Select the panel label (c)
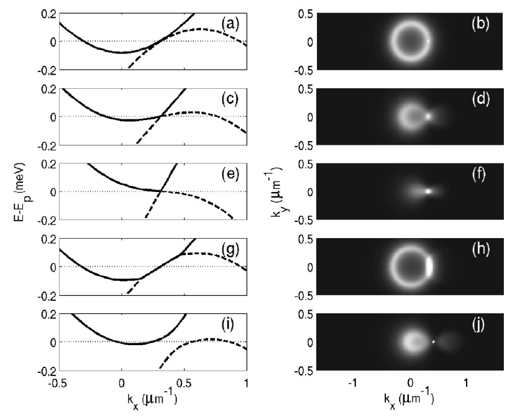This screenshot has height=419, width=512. (231, 99)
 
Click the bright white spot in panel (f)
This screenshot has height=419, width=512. (428, 191)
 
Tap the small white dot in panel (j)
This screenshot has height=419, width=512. (433, 341)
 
